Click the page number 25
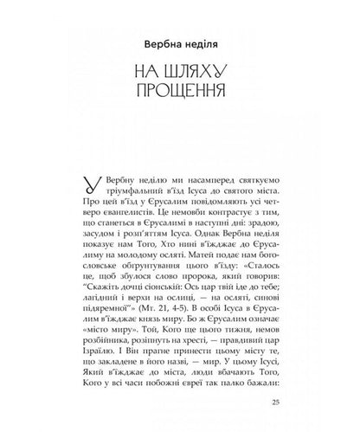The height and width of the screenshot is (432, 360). point(275,402)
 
